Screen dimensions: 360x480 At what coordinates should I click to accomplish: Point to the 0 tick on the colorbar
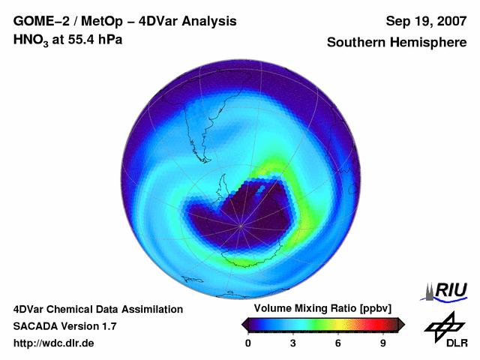point(248,343)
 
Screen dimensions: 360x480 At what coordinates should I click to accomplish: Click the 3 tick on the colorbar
point(293,343)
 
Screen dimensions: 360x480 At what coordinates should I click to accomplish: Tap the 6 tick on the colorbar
point(338,343)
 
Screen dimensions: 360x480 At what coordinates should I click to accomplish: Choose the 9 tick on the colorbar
point(382,343)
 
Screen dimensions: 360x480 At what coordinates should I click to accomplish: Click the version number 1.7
point(108,326)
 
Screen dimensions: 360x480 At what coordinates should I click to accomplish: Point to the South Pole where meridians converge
point(241,225)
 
